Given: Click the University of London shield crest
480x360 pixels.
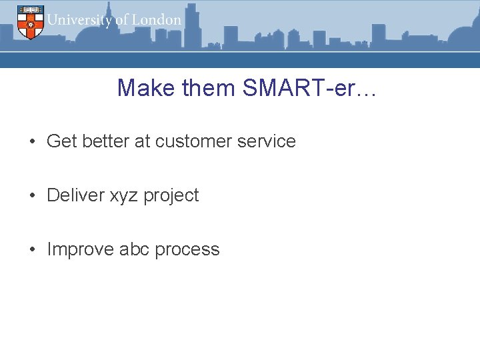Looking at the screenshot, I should pyautogui.click(x=29, y=21).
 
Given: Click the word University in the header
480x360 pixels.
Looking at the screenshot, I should pyautogui.click(x=79, y=20).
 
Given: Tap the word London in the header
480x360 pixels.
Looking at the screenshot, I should pyautogui.click(x=157, y=20).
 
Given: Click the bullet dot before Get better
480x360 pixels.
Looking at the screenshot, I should pyautogui.click(x=32, y=142).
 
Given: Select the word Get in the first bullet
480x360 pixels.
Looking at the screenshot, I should pyautogui.click(x=61, y=141).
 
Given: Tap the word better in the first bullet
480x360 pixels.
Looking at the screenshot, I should pyautogui.click(x=105, y=141).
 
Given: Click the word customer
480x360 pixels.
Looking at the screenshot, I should pyautogui.click(x=196, y=141).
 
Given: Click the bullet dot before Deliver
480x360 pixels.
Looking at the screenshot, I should pyautogui.click(x=32, y=196).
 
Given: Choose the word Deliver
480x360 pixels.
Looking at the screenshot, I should pyautogui.click(x=75, y=195).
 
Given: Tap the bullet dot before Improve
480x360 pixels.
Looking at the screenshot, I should pyautogui.click(x=32, y=250).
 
